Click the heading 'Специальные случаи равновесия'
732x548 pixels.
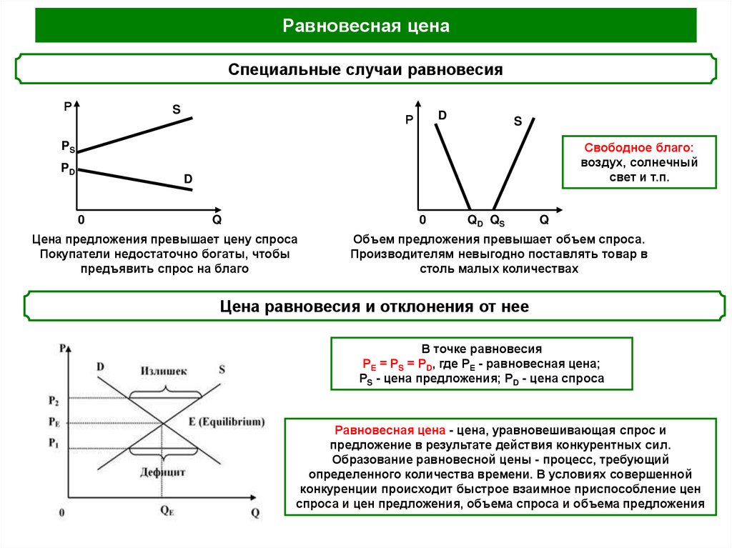pyautogui.click(x=365, y=70)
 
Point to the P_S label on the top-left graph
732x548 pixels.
pyautogui.click(x=68, y=146)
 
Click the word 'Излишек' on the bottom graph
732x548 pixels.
pyautogui.click(x=164, y=372)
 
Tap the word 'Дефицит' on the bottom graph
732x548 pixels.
pyautogui.click(x=164, y=472)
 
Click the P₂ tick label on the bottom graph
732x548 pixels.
pyautogui.click(x=54, y=398)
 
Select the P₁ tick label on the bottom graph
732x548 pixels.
pyautogui.click(x=54, y=443)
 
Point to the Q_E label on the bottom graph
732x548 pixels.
pyautogui.click(x=167, y=512)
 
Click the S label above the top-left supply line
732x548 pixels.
pyautogui.click(x=176, y=110)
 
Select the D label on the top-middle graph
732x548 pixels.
pyautogui.click(x=442, y=115)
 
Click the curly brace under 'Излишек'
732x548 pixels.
pyautogui.click(x=164, y=389)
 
